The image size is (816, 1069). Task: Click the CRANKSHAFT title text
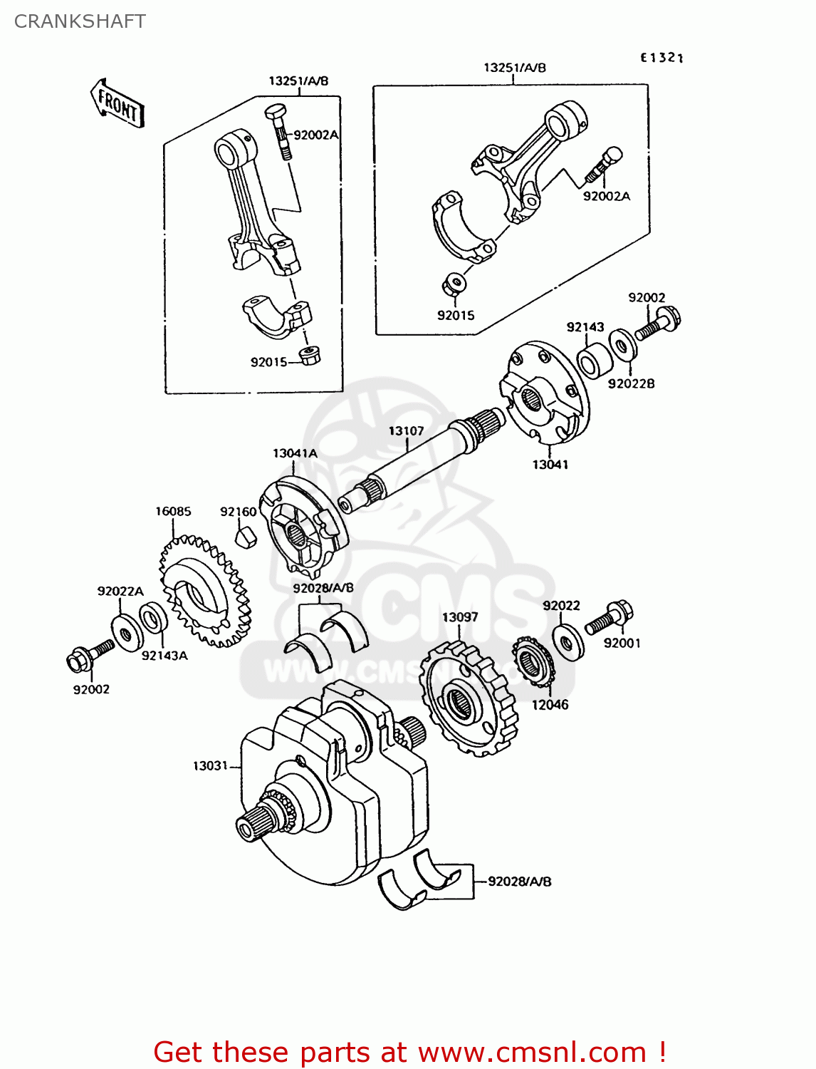point(80,21)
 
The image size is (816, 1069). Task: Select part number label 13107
point(406,431)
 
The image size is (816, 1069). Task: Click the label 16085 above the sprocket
point(173,511)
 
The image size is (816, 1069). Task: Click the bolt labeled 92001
point(610,618)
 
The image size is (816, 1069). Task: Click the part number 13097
point(459,617)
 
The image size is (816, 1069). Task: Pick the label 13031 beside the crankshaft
point(210,765)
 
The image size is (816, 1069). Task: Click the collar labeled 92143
point(595,361)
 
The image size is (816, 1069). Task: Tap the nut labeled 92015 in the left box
point(309,355)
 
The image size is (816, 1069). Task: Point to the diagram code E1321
point(661,58)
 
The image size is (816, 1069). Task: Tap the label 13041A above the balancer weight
point(295,453)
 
